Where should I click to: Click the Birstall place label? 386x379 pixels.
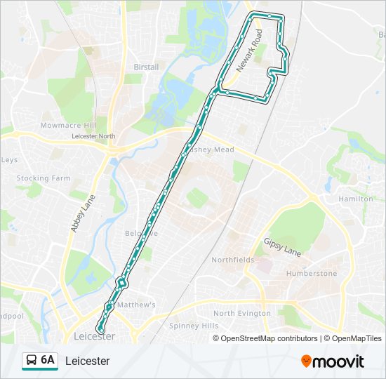(x=146, y=67)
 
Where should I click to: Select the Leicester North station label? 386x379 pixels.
(x=93, y=136)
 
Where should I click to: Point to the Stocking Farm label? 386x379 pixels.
(x=44, y=178)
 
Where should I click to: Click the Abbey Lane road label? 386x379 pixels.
(x=77, y=214)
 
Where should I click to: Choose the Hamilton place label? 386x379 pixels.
(x=355, y=199)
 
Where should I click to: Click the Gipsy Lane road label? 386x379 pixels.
(x=282, y=246)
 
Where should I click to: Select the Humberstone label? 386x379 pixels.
(x=312, y=273)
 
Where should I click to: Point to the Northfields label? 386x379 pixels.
(x=233, y=260)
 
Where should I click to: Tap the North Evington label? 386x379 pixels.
(x=242, y=313)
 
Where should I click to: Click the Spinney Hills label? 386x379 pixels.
(x=194, y=326)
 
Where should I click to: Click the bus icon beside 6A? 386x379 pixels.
(x=32, y=361)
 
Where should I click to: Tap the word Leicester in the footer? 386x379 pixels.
(x=87, y=361)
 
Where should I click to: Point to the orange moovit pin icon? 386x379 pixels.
(x=306, y=361)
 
